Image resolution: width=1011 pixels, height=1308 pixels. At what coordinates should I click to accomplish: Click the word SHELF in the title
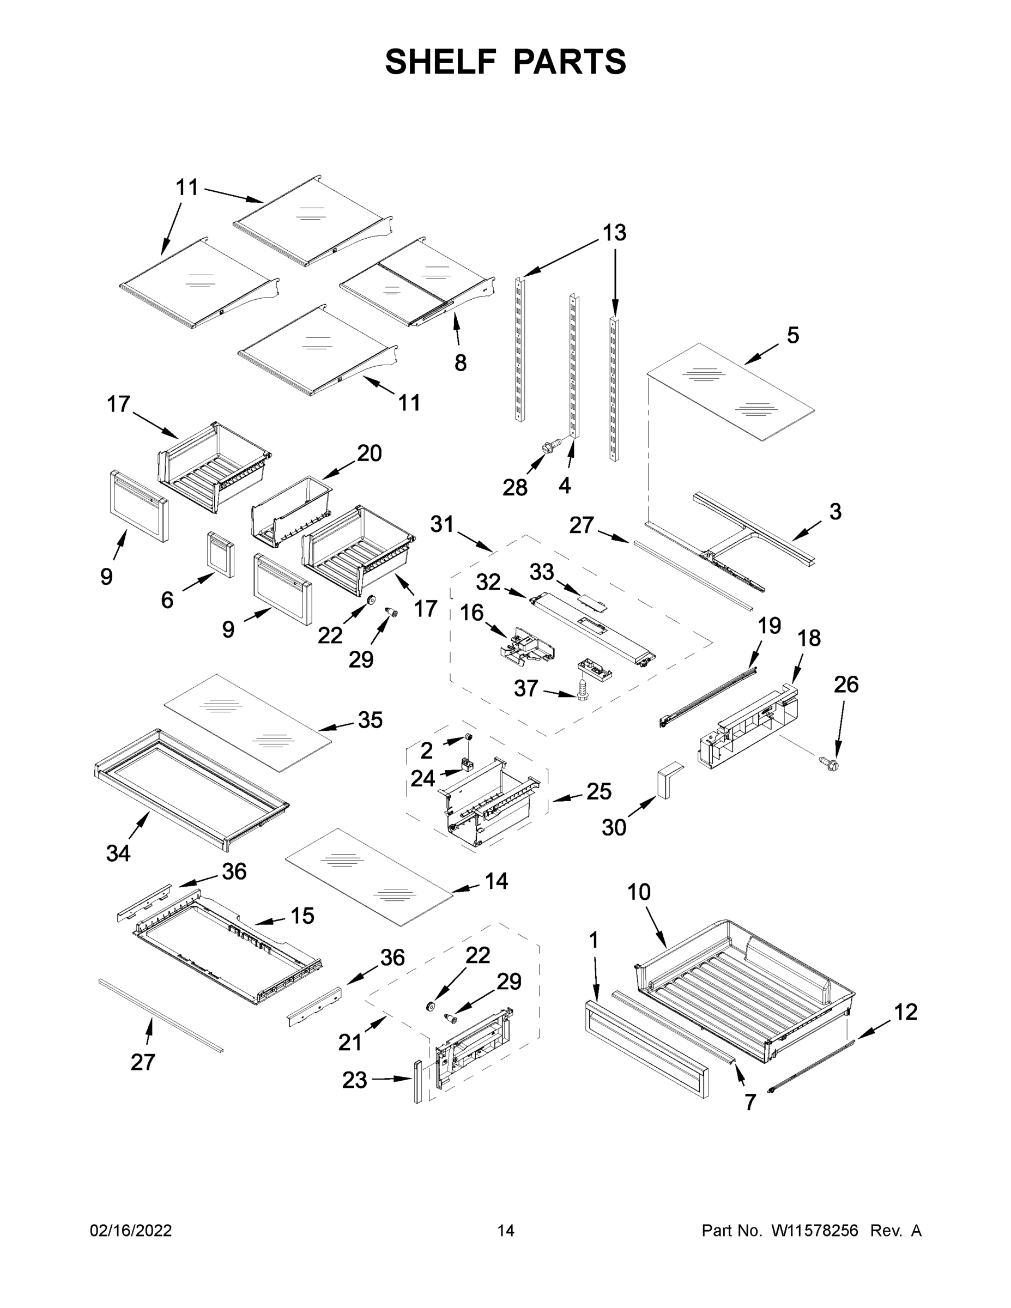tap(441, 61)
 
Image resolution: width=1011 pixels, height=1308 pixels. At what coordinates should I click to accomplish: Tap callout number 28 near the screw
tap(514, 488)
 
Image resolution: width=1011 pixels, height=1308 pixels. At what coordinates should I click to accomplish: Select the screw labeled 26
tap(830, 763)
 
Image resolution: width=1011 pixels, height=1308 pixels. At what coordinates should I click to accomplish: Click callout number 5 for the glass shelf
tap(792, 335)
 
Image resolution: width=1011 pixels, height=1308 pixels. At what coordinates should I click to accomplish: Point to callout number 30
tap(614, 828)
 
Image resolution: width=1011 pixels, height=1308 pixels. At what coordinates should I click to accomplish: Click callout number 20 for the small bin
tap(369, 453)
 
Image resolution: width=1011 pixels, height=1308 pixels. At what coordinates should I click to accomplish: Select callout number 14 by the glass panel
tap(496, 880)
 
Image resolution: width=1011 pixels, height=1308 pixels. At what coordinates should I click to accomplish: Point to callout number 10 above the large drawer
tap(638, 892)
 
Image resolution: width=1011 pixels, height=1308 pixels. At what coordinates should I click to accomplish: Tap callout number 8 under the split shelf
tap(460, 362)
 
